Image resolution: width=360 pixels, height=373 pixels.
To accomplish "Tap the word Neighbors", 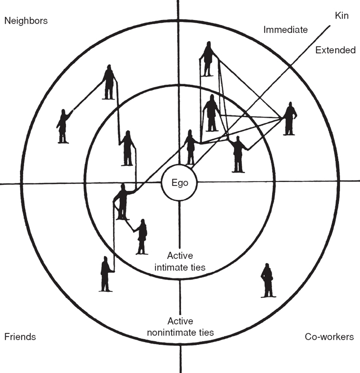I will click(26, 21).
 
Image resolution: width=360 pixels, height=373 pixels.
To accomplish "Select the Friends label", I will click(20, 337).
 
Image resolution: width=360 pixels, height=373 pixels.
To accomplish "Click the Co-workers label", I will click(329, 337).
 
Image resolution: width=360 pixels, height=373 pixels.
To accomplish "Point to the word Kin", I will click(341, 16).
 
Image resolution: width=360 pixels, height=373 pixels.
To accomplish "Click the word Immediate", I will click(285, 30).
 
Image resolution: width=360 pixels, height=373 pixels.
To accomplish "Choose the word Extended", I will click(335, 50).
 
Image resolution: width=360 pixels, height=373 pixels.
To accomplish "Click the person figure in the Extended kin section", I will click(290, 118).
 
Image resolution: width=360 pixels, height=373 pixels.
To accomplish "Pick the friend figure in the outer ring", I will click(106, 273).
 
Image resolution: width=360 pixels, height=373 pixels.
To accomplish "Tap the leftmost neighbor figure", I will click(63, 126).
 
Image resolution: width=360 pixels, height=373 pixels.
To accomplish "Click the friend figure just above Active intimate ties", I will click(141, 236).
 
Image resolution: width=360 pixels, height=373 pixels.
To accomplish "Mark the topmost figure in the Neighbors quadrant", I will click(109, 82).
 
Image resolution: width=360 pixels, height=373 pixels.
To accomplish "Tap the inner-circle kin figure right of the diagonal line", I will click(238, 154).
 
